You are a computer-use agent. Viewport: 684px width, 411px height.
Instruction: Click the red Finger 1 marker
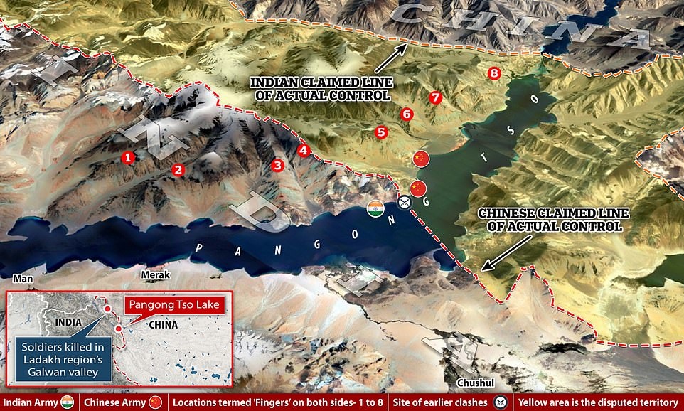[x=128, y=157]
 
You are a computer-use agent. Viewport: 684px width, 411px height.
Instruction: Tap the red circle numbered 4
[x=304, y=150]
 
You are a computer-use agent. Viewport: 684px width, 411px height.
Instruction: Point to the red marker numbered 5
[x=381, y=132]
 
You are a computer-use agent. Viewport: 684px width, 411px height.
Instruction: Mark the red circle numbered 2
[x=178, y=169]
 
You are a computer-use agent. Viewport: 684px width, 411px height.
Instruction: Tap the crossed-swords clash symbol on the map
[x=404, y=203]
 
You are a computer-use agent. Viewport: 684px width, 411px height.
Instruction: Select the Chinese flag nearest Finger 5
[x=422, y=159]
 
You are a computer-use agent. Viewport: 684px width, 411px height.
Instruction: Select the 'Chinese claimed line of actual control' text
[x=551, y=219]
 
